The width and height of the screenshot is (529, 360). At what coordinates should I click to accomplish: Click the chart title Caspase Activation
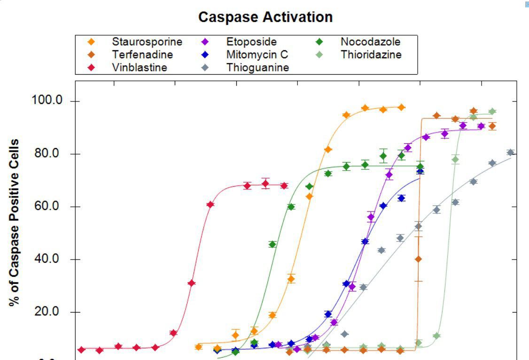[265, 17]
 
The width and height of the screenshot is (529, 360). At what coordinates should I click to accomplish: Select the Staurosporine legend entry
[147, 42]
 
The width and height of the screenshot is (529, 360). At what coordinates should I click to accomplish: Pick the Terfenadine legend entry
[142, 55]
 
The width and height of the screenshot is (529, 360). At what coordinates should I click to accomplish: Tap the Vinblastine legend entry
[139, 67]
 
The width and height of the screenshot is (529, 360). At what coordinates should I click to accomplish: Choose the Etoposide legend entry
[251, 42]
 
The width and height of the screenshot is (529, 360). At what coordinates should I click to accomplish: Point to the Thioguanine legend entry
[257, 67]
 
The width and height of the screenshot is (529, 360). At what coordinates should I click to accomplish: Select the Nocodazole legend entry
[370, 42]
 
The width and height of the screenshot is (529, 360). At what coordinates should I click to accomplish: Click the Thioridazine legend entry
[371, 55]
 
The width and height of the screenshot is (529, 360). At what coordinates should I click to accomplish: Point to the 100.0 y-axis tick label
[47, 102]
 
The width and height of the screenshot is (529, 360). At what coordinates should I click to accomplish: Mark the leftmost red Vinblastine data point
[82, 350]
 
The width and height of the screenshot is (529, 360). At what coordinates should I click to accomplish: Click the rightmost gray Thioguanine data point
[510, 152]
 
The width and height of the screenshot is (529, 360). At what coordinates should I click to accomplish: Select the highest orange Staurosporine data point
[401, 107]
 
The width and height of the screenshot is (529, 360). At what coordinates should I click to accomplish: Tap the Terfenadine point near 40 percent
[418, 259]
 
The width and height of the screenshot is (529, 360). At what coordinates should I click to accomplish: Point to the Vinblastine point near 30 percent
[191, 283]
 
